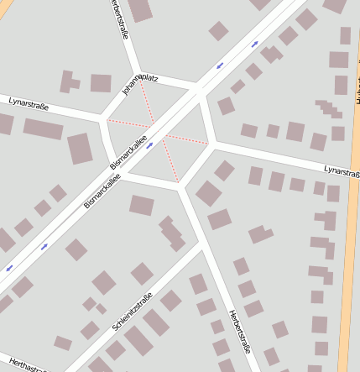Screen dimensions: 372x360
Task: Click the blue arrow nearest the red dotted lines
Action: coord(150,145)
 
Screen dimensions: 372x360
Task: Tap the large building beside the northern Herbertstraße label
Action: coord(139,9)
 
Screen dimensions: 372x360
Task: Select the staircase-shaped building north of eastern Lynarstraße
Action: coord(330,109)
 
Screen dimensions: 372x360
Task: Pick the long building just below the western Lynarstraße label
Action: coord(43,128)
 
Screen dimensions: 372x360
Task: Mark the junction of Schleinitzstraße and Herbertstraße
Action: coord(201,245)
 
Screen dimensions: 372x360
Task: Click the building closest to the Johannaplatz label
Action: coord(101,83)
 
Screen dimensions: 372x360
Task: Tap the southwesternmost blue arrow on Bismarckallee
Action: coord(9,268)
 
